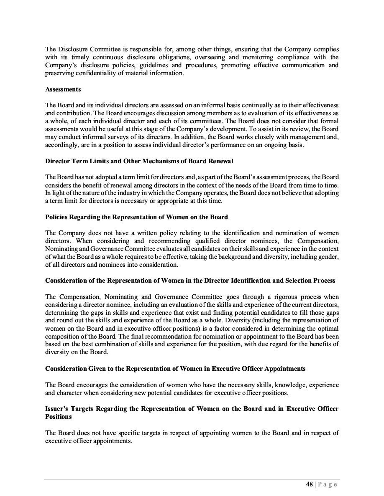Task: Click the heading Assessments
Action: tap(63, 89)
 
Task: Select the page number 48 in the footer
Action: tap(310, 484)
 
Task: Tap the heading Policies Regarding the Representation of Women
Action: tap(136, 217)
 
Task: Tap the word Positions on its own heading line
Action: tap(59, 416)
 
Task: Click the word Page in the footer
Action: tap(328, 484)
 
